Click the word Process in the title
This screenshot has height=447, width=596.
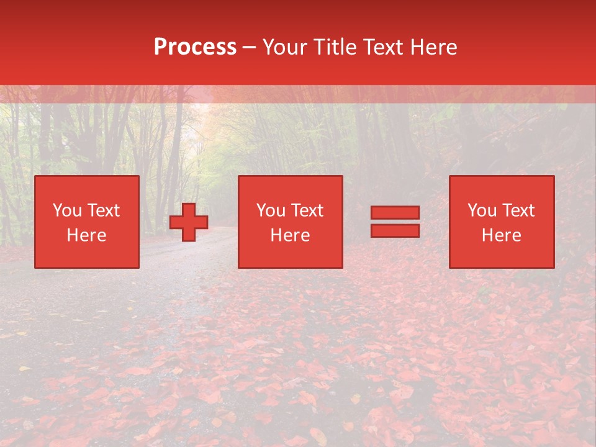tap(195, 47)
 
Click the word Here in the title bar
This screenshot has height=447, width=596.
tap(433, 47)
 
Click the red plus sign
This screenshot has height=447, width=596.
tap(189, 222)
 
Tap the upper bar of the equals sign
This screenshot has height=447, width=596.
tap(395, 213)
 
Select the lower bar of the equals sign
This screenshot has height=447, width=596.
tap(395, 230)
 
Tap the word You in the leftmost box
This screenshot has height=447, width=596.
tap(67, 210)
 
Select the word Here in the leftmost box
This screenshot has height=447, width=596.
tap(87, 235)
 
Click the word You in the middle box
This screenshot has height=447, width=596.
tap(271, 210)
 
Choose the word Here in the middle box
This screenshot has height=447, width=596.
tap(291, 235)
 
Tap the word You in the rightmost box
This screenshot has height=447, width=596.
tap(482, 210)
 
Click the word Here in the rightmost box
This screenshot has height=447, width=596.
tap(502, 235)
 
